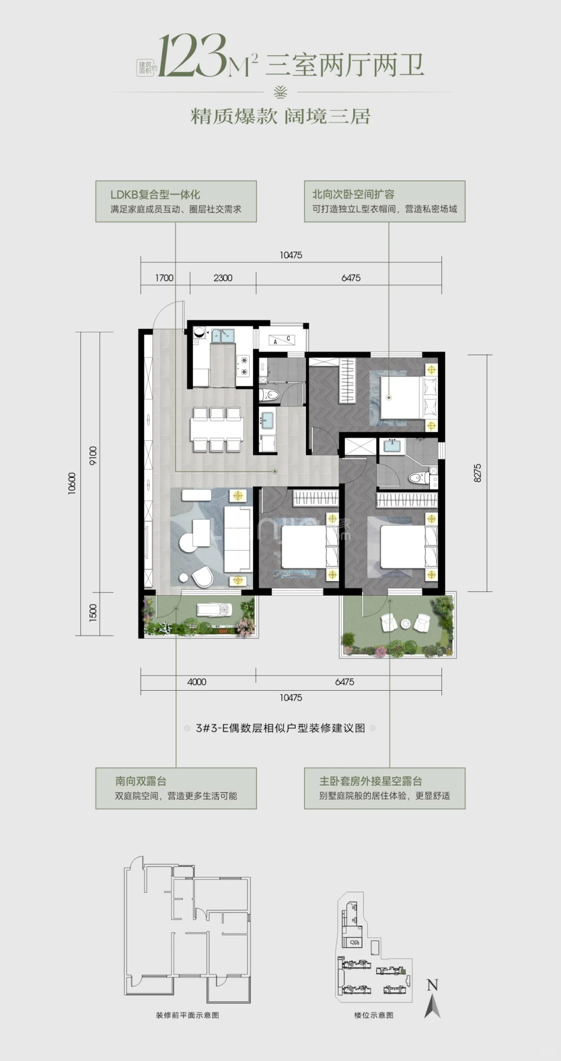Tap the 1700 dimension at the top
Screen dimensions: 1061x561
[164, 278]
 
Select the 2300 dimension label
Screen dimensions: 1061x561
[223, 278]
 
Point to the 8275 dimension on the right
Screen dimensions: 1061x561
[477, 473]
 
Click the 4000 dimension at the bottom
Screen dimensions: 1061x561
[197, 682]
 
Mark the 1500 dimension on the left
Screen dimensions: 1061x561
[93, 613]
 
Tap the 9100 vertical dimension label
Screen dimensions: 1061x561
[93, 455]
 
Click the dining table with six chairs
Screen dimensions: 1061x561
[217, 429]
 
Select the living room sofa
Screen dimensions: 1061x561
[238, 539]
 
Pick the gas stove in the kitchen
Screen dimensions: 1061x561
[243, 365]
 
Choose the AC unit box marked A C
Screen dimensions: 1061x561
[282, 340]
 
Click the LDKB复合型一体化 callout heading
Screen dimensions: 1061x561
[155, 195]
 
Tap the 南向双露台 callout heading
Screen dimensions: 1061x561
[141, 781]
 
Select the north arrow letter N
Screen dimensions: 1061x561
[432, 985]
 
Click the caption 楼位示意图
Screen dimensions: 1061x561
[373, 1015]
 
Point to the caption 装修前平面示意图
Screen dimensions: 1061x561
[187, 1015]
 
